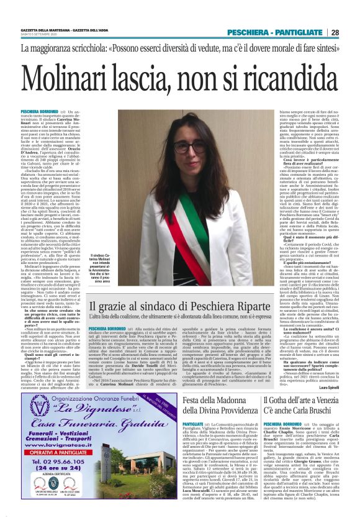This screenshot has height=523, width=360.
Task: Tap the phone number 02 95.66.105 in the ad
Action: coord(56,479)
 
